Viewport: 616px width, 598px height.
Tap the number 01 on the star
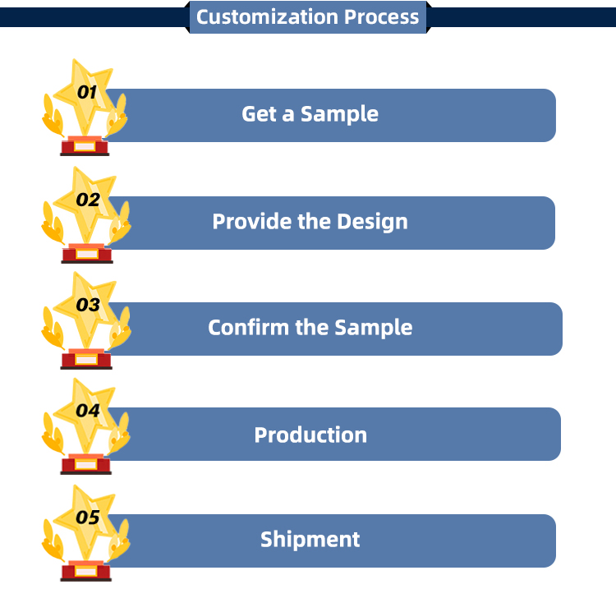86,93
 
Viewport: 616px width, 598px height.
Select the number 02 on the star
87,200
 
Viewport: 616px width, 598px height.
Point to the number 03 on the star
87,306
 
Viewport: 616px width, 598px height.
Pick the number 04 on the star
87,410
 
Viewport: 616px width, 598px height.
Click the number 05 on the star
87,517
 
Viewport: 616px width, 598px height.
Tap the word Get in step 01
259,114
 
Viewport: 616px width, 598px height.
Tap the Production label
310,435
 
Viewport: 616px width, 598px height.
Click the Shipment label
310,540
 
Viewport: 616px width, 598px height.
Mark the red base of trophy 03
85,360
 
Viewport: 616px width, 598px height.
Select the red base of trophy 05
85,571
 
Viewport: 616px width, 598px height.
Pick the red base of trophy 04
85,465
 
